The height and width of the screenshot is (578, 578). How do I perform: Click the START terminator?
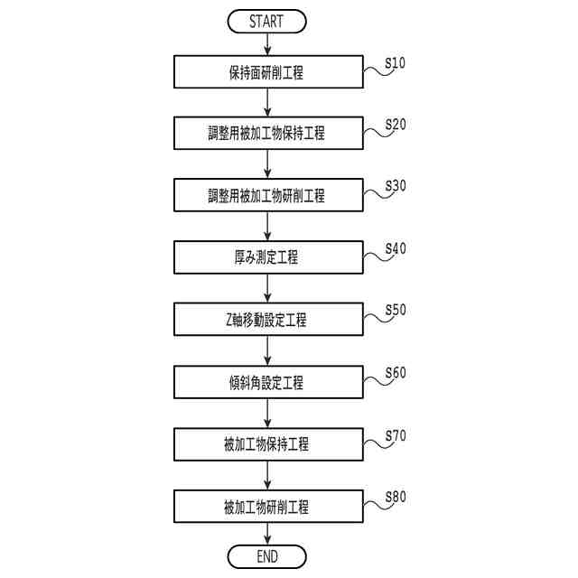pos(266,21)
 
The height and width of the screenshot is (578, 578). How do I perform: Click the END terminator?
pos(266,555)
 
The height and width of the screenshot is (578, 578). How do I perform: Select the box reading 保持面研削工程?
pos(266,72)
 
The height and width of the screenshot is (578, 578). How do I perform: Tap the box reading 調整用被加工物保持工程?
pos(266,134)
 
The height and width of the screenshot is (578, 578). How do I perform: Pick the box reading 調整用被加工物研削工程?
pos(266,195)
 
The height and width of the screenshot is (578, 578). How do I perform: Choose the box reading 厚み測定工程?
pos(266,257)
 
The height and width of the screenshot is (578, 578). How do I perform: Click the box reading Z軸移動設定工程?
pos(266,319)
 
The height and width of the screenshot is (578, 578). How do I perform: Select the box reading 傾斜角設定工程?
pos(266,381)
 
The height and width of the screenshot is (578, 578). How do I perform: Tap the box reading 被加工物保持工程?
pos(266,443)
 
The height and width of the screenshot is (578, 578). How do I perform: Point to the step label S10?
pos(395,63)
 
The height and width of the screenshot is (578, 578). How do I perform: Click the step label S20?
pos(395,125)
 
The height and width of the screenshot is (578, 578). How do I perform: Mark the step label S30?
pos(395,186)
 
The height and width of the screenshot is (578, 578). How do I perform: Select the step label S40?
pos(395,248)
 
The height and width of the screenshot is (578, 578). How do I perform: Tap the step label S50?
pos(395,310)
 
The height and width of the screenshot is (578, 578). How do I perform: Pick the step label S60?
pos(395,372)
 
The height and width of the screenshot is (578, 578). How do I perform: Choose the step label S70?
pos(395,434)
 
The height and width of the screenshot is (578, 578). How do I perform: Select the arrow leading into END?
pos(266,534)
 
